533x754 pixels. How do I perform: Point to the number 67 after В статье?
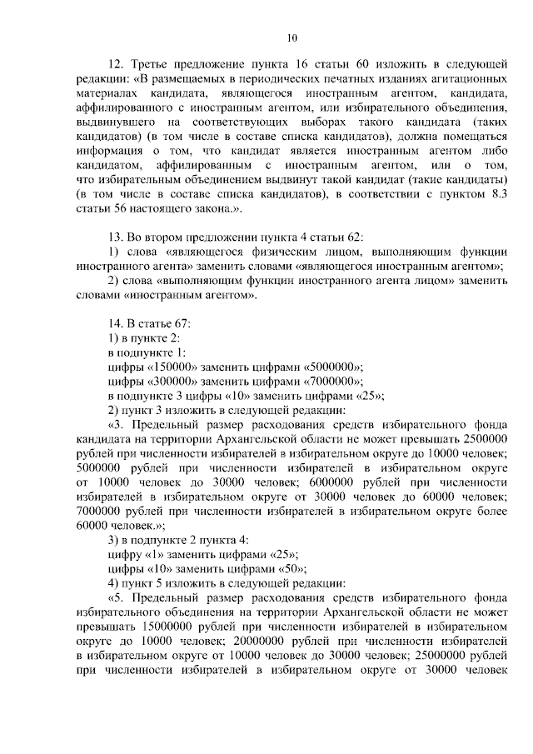(182, 321)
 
